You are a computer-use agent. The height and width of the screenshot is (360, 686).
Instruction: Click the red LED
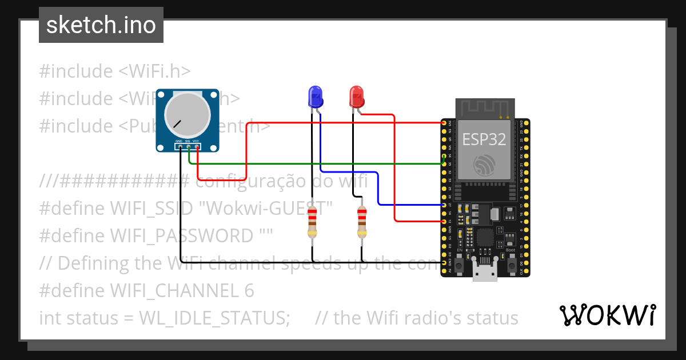[357, 96]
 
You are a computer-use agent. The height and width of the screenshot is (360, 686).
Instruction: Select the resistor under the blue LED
[312, 223]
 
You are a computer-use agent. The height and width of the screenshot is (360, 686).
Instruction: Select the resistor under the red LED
[361, 223]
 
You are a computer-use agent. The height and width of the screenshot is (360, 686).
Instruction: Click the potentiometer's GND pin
[180, 147]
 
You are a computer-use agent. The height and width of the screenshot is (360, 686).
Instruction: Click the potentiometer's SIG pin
[189, 147]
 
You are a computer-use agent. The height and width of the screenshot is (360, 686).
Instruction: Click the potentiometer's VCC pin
[197, 147]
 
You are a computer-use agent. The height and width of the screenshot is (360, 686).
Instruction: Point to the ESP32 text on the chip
[484, 139]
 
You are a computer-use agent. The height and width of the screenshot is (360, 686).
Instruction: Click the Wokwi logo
[608, 315]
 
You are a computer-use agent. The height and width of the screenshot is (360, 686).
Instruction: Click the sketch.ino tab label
[101, 26]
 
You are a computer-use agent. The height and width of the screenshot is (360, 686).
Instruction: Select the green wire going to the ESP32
[320, 164]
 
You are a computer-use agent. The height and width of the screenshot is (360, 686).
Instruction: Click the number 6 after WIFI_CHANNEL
[249, 291]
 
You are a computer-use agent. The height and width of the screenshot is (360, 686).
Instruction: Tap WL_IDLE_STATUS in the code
[214, 318]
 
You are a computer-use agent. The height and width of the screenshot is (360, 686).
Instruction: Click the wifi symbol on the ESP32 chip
[485, 166]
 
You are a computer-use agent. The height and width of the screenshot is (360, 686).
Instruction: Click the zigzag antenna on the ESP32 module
[485, 107]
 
